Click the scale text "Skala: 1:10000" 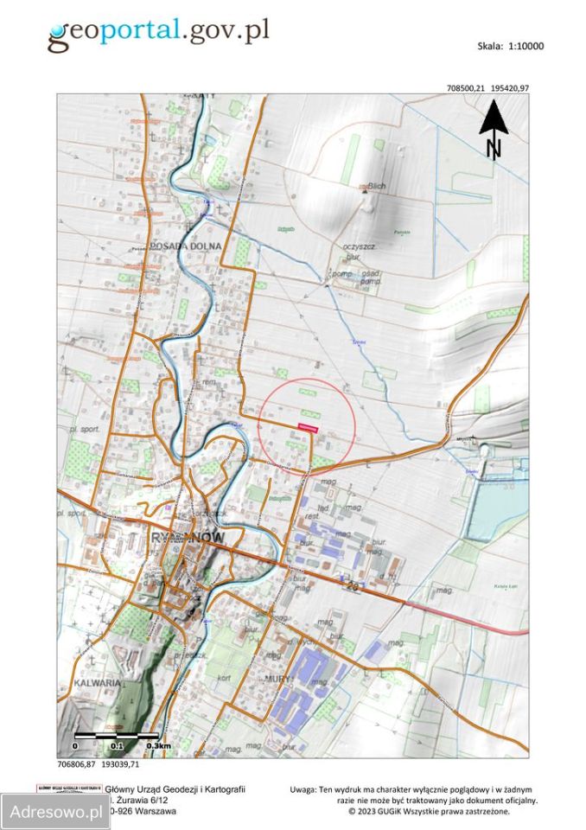pos(510,47)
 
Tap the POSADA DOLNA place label pos(186,246)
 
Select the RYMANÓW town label pos(188,538)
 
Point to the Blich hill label pos(375,186)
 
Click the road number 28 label pos(353,586)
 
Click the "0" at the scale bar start pos(75,745)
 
